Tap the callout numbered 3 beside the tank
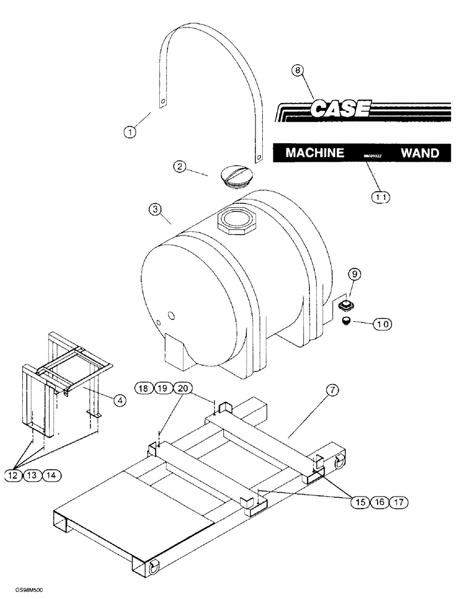point(154,209)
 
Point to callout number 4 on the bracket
point(119,401)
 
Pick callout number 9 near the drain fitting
point(354,274)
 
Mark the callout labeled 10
point(382,323)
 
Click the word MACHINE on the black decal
point(315,153)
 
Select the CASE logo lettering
point(341,109)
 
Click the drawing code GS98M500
point(25,591)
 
